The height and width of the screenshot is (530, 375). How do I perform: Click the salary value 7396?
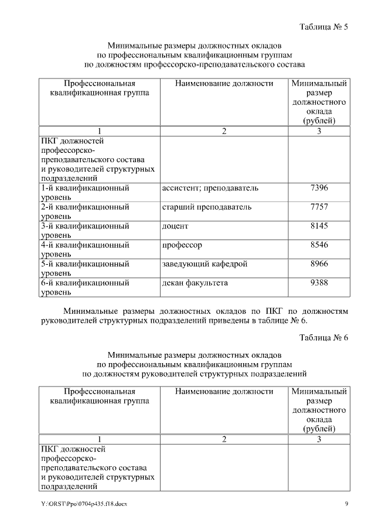(319, 189)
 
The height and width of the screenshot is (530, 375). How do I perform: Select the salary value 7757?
(319, 207)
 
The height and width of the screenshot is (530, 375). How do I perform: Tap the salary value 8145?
(319, 226)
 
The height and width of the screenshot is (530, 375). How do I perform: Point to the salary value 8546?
(319, 245)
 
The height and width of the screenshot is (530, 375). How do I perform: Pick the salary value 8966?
(319, 264)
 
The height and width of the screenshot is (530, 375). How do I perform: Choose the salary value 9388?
(319, 283)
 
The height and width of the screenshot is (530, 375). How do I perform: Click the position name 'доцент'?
(175, 226)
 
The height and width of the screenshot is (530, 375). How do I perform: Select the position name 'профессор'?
(182, 245)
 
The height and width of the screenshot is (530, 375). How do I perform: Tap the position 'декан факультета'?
(195, 283)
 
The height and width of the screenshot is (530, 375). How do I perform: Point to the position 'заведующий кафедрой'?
(204, 264)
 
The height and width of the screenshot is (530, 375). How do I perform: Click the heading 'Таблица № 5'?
(323, 27)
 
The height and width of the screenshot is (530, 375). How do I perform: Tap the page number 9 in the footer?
(346, 504)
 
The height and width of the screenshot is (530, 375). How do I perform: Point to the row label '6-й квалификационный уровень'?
(85, 288)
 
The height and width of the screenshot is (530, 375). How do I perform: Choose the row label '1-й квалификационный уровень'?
(85, 193)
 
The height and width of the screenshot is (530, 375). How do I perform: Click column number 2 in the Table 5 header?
(224, 131)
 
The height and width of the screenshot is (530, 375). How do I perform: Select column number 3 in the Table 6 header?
(319, 439)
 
